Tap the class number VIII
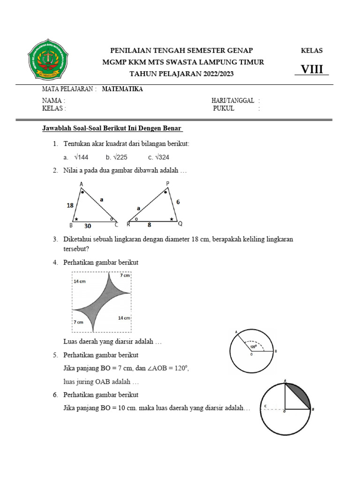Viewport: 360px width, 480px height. point(312,69)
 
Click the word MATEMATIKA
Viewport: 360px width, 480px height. point(123,89)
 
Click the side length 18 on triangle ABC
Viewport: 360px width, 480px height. point(70,205)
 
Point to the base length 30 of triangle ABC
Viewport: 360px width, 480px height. point(88,225)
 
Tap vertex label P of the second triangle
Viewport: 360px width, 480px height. point(167,183)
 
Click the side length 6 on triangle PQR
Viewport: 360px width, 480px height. point(178,202)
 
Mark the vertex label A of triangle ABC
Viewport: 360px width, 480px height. point(82,184)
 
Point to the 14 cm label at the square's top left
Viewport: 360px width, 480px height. point(80,281)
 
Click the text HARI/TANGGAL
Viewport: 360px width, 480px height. point(233,100)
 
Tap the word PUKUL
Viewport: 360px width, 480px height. point(224,108)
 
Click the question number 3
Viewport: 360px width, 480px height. point(55,239)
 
